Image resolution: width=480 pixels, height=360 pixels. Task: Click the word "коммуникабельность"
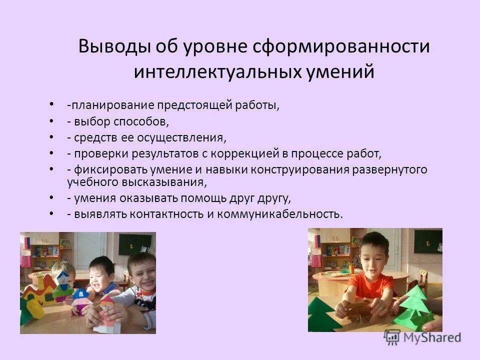point(286,213)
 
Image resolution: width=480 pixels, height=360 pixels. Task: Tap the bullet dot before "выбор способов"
point(52,120)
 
